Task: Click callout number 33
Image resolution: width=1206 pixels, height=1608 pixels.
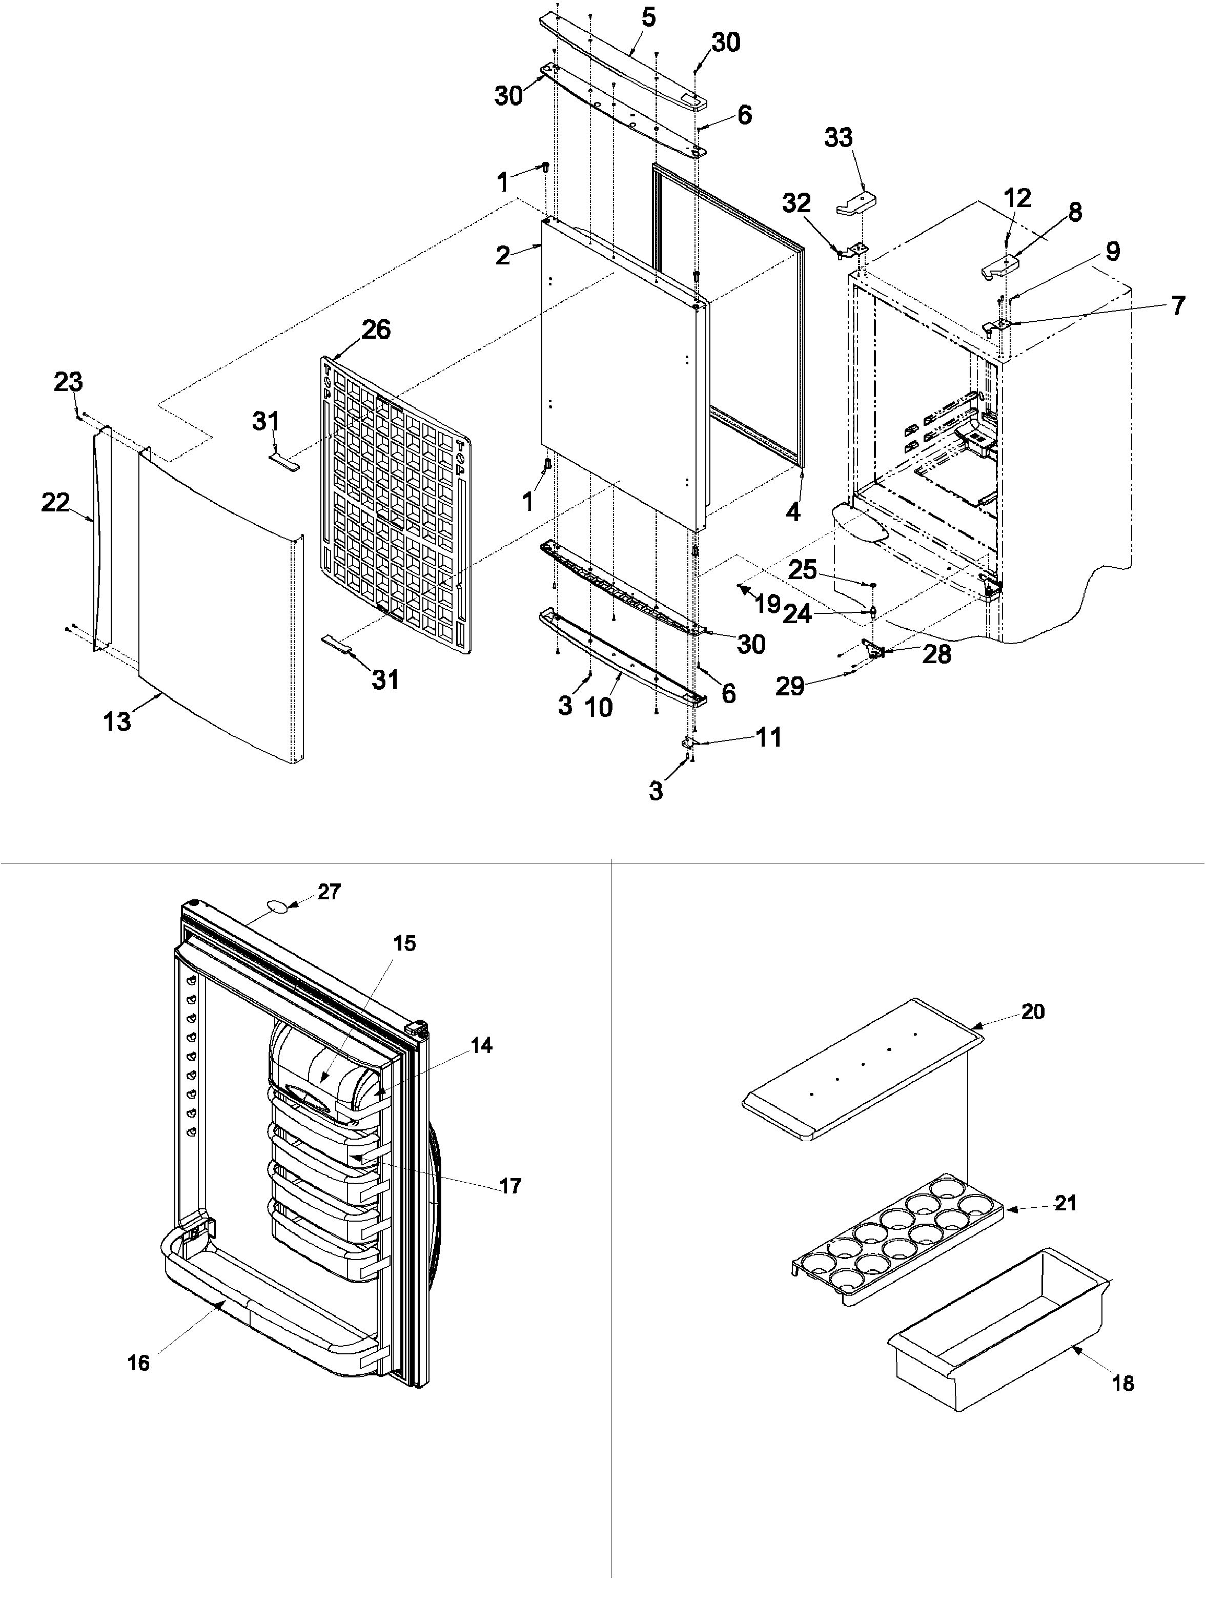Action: pos(837,137)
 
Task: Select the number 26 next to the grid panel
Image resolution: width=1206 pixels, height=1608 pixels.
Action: pos(376,329)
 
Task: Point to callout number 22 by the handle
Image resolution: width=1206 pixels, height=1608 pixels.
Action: pos(55,502)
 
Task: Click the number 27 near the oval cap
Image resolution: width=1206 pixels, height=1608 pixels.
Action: pos(330,892)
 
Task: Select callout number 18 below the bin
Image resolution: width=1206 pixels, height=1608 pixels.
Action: pos(1123,1384)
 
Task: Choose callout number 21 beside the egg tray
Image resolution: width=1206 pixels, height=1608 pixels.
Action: pos(1065,1203)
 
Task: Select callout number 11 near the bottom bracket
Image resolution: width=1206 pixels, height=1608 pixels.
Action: pos(768,737)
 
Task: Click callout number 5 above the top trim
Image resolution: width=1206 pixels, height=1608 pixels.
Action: pos(648,17)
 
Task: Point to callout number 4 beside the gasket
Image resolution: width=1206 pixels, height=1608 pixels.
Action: pos(792,512)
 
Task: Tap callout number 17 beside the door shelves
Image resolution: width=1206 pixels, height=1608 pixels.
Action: pos(510,1186)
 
